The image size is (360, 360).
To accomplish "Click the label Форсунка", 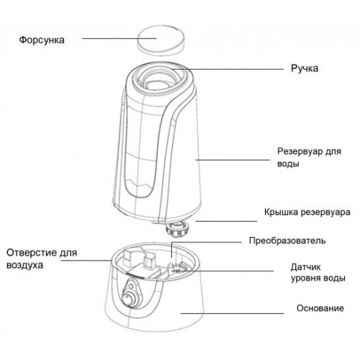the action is click(x=42, y=40).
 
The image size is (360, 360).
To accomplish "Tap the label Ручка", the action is click(x=305, y=68).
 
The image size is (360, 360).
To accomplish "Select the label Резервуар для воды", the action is click(x=309, y=158).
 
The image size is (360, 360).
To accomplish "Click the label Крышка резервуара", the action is click(x=307, y=212).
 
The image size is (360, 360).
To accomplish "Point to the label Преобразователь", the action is click(x=287, y=240).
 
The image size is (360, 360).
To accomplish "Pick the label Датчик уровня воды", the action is click(x=318, y=273).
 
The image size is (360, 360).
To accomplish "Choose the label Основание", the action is click(x=320, y=308).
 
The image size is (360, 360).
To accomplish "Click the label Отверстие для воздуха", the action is click(x=42, y=258).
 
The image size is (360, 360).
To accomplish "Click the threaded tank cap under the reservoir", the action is click(x=177, y=229).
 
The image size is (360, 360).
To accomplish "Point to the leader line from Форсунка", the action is click(x=120, y=38).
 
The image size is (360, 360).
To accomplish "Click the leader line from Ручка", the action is click(x=228, y=69).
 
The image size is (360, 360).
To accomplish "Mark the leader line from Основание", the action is click(x=232, y=313).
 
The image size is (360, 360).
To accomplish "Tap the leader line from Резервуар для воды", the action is click(x=233, y=160).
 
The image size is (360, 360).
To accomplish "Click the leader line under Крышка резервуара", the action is click(x=226, y=221).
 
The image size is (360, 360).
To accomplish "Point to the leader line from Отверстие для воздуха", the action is click(x=86, y=261).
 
